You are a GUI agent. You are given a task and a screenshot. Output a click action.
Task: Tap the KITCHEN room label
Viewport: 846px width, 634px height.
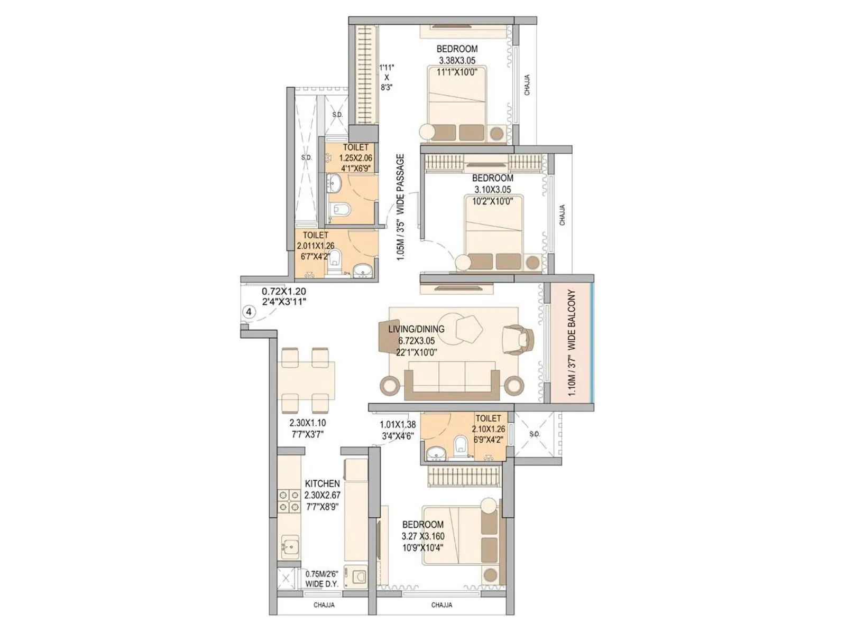click(323, 483)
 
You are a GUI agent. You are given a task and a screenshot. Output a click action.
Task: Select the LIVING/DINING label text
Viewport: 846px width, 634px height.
click(416, 329)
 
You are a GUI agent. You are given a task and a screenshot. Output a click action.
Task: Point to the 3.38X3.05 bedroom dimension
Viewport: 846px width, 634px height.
click(457, 60)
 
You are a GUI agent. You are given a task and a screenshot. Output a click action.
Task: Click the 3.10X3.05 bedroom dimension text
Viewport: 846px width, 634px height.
click(492, 189)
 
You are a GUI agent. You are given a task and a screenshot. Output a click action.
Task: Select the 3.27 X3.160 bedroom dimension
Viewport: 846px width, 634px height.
click(423, 536)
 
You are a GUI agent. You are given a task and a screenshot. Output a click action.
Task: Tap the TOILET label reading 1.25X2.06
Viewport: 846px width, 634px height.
click(356, 147)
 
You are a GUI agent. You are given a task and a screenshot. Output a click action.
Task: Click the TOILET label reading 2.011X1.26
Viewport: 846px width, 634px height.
click(316, 235)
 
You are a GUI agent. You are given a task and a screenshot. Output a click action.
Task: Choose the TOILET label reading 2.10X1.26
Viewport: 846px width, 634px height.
click(488, 418)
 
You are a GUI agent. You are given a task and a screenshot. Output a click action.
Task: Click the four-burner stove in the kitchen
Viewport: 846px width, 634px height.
click(289, 502)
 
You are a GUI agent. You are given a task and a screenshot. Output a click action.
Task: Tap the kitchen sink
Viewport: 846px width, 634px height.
click(289, 546)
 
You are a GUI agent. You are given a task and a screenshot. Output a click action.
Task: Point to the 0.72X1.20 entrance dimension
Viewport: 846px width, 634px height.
click(284, 291)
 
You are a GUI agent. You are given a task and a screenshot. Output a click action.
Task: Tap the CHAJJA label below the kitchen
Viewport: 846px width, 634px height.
click(324, 605)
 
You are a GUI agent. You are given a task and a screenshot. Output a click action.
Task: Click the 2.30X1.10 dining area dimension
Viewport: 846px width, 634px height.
click(307, 423)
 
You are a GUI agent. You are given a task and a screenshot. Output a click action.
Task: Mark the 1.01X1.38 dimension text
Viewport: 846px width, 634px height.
click(398, 424)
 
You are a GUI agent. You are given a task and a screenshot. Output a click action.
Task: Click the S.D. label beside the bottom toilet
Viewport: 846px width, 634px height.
click(535, 434)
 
